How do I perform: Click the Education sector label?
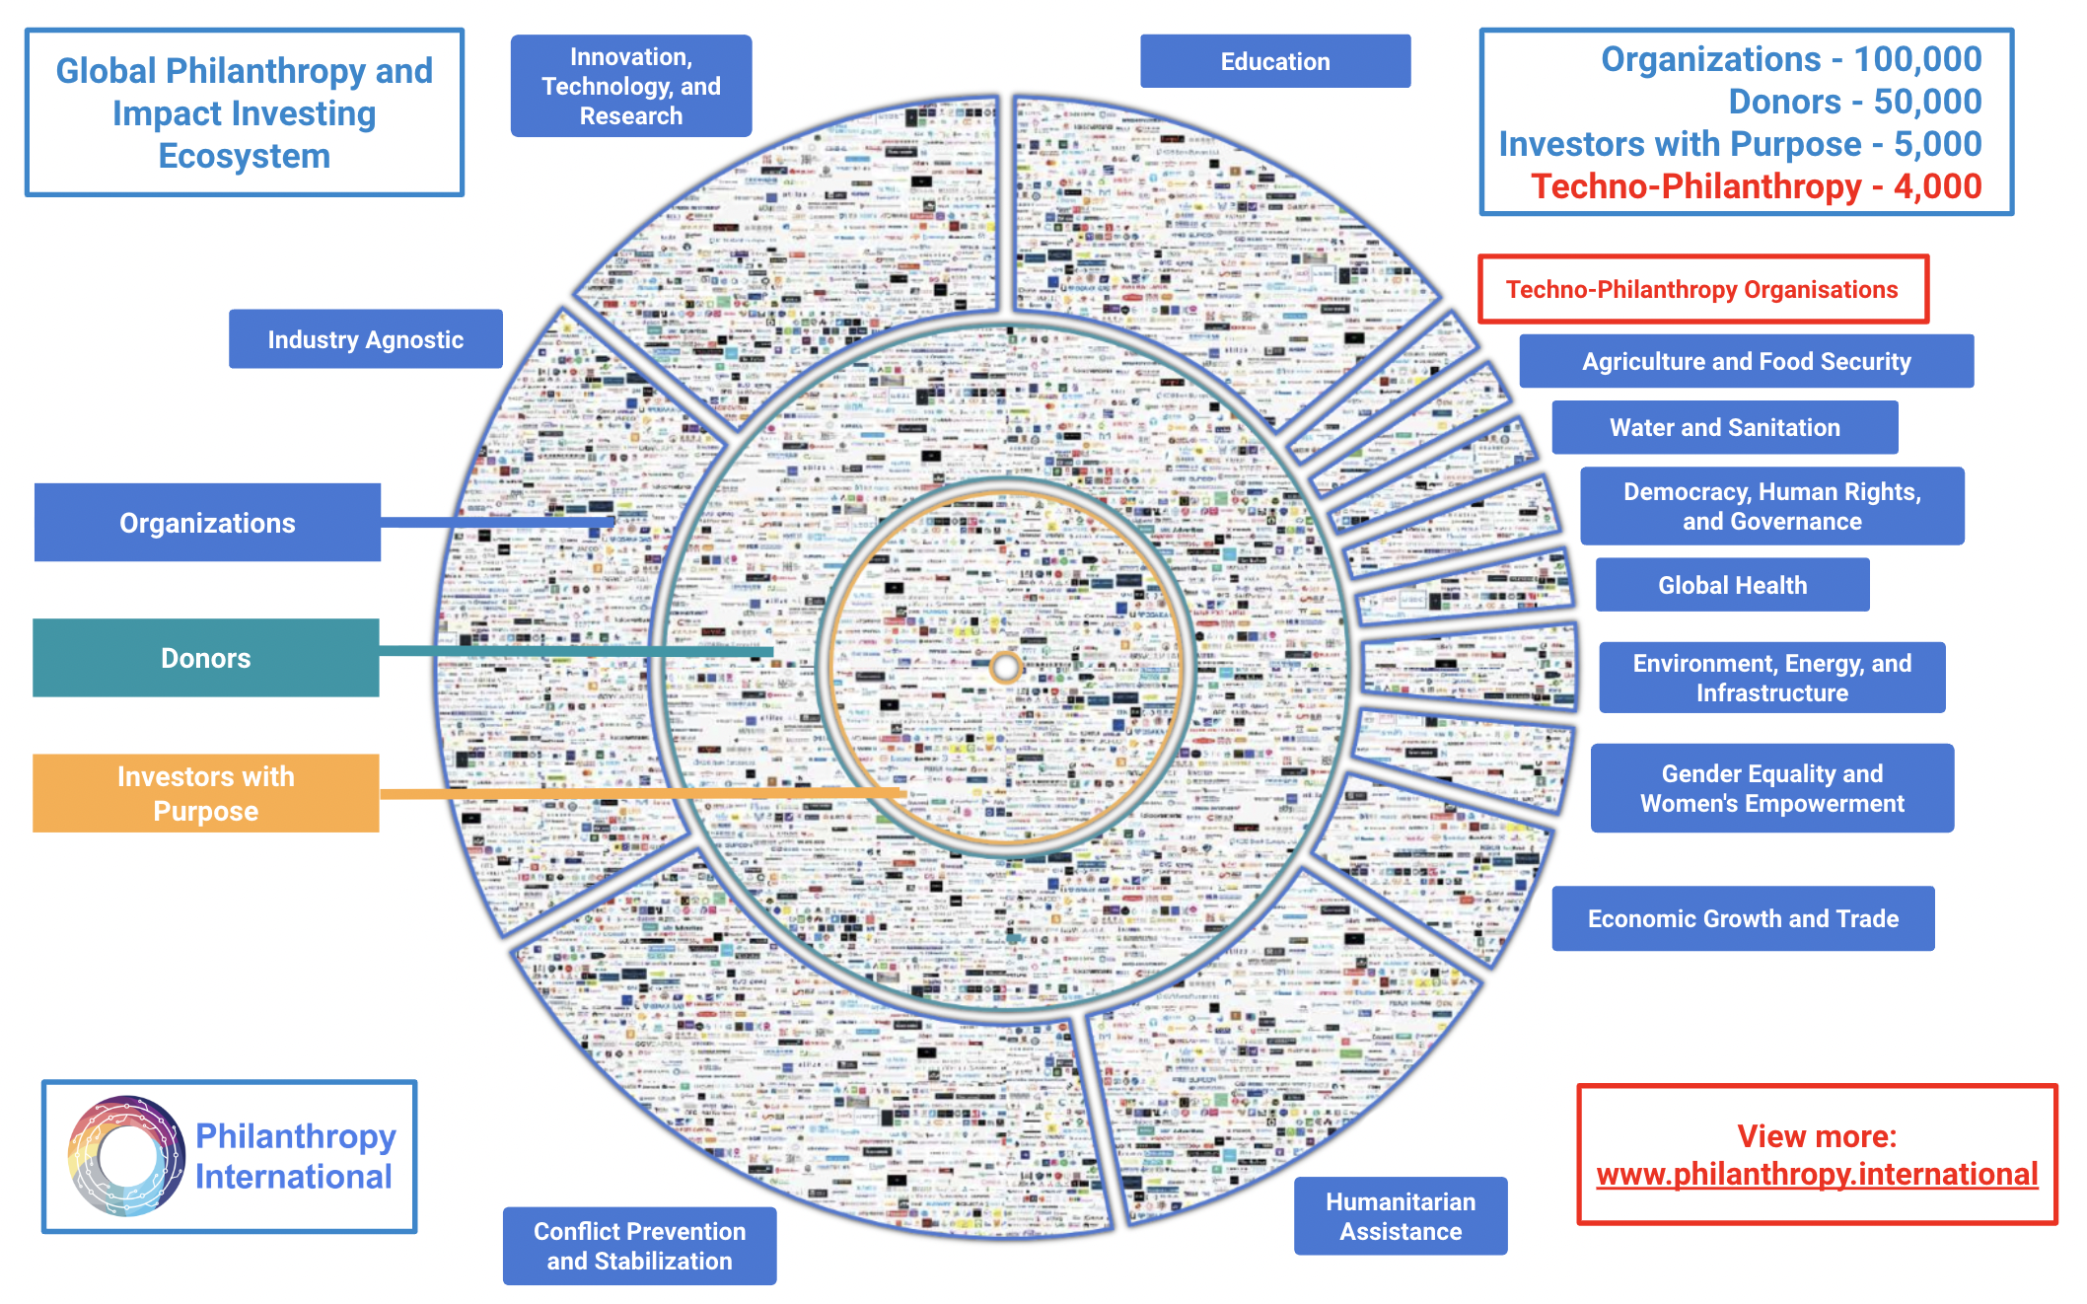(x=1274, y=61)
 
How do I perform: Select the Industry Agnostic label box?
(x=365, y=339)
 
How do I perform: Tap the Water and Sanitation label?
(x=1724, y=427)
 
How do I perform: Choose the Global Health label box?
(x=1732, y=585)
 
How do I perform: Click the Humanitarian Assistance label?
(x=1400, y=1215)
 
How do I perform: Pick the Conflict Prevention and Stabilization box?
(x=639, y=1246)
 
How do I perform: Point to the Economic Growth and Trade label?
(x=1742, y=918)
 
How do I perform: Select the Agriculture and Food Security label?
(x=1746, y=361)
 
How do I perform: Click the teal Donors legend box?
(x=205, y=658)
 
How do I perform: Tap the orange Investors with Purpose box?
(x=205, y=793)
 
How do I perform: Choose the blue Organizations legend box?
(x=207, y=523)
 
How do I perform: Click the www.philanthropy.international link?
(x=1817, y=1174)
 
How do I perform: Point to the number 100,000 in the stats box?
(x=1917, y=59)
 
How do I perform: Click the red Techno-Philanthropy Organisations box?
(x=1702, y=289)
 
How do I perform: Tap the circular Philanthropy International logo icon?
(x=126, y=1156)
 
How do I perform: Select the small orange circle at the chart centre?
(x=1005, y=668)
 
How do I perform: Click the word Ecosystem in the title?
(x=244, y=156)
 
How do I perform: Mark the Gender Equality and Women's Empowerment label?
(x=1771, y=788)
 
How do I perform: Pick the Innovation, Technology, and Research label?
(x=631, y=86)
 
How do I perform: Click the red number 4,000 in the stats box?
(x=1937, y=186)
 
